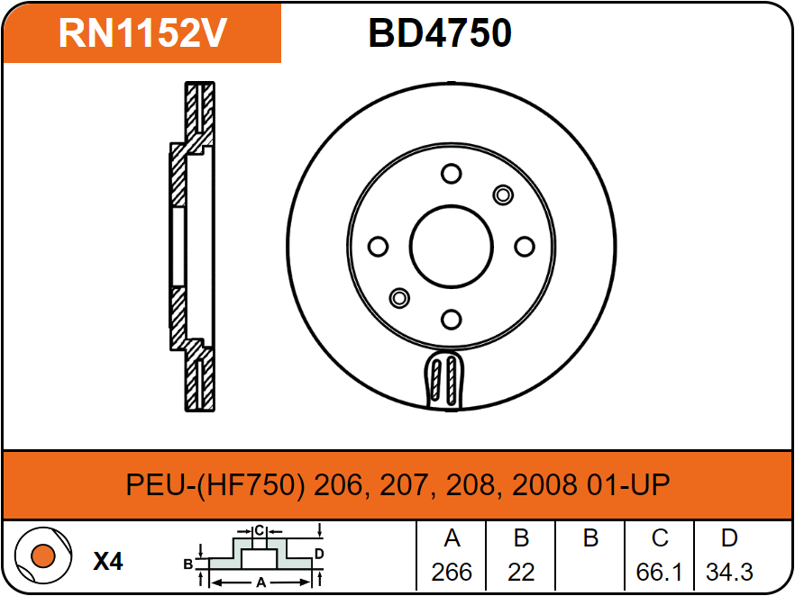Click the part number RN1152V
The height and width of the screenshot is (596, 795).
point(142,33)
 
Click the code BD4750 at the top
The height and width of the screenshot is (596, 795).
point(440,33)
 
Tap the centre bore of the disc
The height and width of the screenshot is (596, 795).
point(452,247)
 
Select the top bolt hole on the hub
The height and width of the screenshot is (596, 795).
point(452,174)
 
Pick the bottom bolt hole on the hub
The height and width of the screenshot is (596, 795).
point(452,320)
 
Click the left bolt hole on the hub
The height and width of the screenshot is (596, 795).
point(378,247)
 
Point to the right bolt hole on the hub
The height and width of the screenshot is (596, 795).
point(525,247)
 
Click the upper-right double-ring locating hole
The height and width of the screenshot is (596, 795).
point(503,195)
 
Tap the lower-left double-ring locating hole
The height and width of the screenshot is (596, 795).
point(399,298)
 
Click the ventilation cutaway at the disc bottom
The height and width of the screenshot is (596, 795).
point(443,379)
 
